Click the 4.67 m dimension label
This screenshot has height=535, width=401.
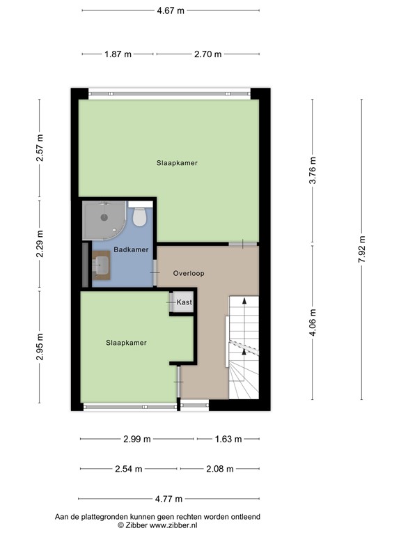click(x=170, y=11)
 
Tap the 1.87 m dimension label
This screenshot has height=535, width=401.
click(x=118, y=54)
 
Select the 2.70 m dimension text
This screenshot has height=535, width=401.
click(x=207, y=54)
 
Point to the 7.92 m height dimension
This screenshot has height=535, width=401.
click(x=361, y=249)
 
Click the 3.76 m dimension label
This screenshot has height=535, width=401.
click(x=313, y=171)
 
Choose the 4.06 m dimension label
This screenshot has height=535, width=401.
click(x=313, y=323)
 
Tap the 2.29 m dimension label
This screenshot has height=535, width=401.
click(x=40, y=243)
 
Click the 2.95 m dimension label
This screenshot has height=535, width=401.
click(x=40, y=346)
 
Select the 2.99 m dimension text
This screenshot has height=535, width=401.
click(x=136, y=440)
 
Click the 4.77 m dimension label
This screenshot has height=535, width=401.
click(x=168, y=499)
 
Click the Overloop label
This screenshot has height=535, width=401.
click(x=189, y=274)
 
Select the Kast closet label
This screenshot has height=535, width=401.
click(x=184, y=302)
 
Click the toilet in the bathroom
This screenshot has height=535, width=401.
click(x=140, y=217)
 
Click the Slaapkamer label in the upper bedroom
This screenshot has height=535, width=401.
click(x=178, y=163)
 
